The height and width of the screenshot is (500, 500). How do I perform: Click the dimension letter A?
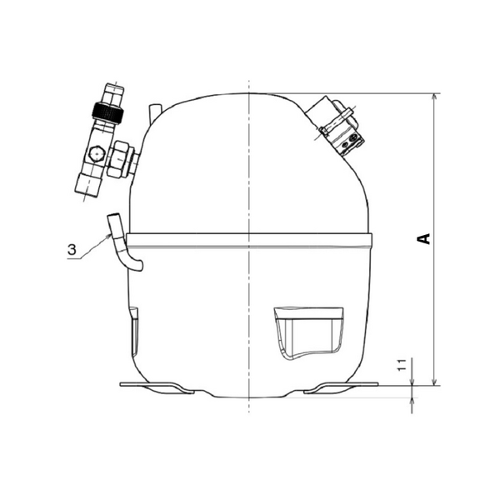tap(424, 238)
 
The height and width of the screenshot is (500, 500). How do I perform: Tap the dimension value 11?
tap(402, 365)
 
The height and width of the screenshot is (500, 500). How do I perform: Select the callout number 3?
tap(72, 249)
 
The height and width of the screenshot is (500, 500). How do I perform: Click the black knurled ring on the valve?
tap(107, 112)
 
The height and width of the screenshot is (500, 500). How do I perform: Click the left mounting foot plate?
tap(157, 387)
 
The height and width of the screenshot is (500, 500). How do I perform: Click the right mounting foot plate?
tap(341, 387)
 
